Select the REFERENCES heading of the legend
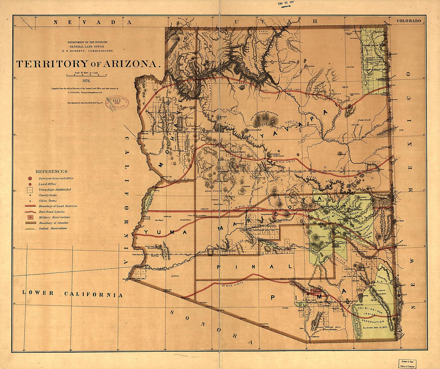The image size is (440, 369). coord(52,171)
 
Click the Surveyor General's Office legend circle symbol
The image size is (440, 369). coord(30,178)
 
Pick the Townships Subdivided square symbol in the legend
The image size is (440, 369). coord(30,189)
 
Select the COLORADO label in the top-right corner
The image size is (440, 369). coord(409,20)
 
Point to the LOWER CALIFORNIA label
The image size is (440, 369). coord(72,293)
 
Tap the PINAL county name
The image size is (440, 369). coord(255,267)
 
